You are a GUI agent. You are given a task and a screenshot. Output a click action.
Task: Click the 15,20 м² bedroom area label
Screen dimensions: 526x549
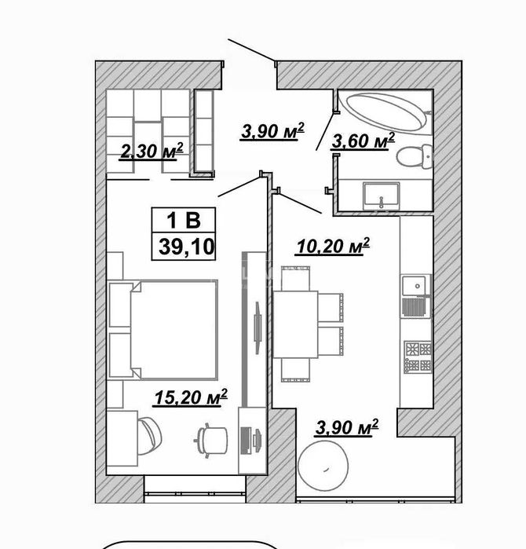[x=191, y=397]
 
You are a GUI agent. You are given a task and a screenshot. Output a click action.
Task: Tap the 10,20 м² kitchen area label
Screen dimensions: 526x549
[x=333, y=246]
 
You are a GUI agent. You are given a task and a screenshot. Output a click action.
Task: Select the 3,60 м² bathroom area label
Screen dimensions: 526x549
[x=363, y=141]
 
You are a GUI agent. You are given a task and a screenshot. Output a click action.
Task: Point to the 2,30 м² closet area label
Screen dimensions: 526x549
[x=151, y=152]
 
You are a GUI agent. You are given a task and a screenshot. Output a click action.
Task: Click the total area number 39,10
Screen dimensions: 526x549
[x=186, y=247]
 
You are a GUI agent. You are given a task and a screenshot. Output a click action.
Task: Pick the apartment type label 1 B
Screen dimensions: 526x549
[x=184, y=220]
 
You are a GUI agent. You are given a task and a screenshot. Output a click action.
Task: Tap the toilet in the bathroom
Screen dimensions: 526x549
[x=414, y=156]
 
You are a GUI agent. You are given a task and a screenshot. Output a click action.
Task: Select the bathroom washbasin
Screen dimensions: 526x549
[x=381, y=196]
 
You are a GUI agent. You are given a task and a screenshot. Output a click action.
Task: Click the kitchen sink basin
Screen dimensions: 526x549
[x=415, y=286]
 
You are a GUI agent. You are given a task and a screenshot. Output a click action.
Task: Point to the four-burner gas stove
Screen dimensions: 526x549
[x=418, y=357]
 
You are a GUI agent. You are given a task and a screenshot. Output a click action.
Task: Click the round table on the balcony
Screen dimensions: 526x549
[x=323, y=466]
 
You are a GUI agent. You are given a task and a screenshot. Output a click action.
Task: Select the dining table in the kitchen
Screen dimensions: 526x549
[x=295, y=324]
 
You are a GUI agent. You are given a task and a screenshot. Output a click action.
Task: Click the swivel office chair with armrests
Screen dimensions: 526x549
[x=210, y=440]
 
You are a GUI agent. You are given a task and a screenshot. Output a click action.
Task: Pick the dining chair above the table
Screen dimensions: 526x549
[x=296, y=278]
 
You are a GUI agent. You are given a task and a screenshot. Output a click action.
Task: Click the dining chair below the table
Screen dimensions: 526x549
[x=296, y=370]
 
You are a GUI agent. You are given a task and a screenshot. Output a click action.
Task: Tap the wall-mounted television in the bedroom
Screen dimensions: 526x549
[x=258, y=328]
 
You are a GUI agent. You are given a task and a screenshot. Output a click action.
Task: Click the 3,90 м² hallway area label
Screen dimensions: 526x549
[x=272, y=131]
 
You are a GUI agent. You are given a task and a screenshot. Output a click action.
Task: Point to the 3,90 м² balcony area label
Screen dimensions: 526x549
[x=347, y=428]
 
